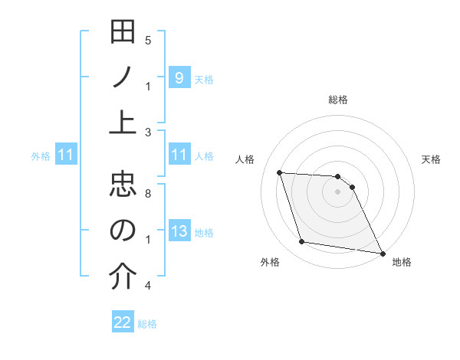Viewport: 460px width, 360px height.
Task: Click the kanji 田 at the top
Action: pyautogui.click(x=123, y=33)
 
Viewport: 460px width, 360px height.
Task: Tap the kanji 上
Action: pyautogui.click(x=123, y=123)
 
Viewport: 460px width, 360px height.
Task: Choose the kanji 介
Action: pyautogui.click(x=123, y=277)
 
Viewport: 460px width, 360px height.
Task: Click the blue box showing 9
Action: pyautogui.click(x=179, y=77)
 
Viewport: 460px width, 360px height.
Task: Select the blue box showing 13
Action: pyautogui.click(x=179, y=231)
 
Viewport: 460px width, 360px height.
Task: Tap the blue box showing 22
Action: pyautogui.click(x=123, y=322)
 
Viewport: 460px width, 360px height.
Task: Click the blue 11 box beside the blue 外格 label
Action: pyautogui.click(x=65, y=155)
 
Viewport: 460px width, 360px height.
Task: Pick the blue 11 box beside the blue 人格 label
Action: pyautogui.click(x=179, y=155)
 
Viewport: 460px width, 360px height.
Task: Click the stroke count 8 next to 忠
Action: pyautogui.click(x=148, y=194)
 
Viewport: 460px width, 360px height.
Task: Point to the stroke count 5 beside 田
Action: pyautogui.click(x=148, y=41)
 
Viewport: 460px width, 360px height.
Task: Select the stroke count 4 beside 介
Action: pyautogui.click(x=148, y=286)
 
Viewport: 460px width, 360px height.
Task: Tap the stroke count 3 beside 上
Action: pyautogui.click(x=148, y=132)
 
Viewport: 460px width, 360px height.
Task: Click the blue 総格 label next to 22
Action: pyautogui.click(x=147, y=324)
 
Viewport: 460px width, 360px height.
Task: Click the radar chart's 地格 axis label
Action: pyautogui.click(x=402, y=262)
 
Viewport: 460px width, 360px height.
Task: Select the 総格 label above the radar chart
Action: pyautogui.click(x=337, y=100)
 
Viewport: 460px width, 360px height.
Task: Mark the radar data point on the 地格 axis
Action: pyautogui.click(x=382, y=253)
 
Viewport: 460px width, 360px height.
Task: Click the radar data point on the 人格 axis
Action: pyautogui.click(x=280, y=172)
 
